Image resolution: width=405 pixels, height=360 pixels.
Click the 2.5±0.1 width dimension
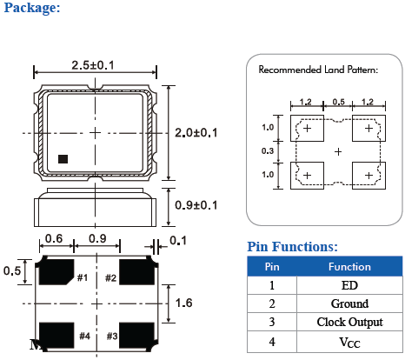(x=96, y=63)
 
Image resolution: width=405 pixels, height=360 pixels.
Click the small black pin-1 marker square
(x=63, y=158)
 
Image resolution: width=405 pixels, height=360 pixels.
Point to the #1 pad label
(x=83, y=277)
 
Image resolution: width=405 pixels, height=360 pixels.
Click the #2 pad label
(x=110, y=277)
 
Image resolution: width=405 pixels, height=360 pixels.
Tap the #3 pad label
(x=110, y=337)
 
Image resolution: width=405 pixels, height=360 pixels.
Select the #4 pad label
(x=83, y=337)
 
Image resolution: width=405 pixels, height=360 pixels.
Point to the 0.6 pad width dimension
(x=53, y=238)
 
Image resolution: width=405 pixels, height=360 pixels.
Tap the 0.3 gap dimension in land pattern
(x=267, y=151)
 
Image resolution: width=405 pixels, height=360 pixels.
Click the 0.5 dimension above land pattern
(x=338, y=102)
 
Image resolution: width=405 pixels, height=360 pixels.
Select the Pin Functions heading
(x=292, y=247)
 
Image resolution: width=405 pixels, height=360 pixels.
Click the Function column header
(x=349, y=267)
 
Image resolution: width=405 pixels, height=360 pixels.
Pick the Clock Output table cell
(x=349, y=323)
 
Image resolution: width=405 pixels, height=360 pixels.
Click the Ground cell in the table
(x=349, y=303)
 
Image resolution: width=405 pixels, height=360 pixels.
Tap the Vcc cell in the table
(x=349, y=342)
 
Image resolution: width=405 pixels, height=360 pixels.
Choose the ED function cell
(x=349, y=285)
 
